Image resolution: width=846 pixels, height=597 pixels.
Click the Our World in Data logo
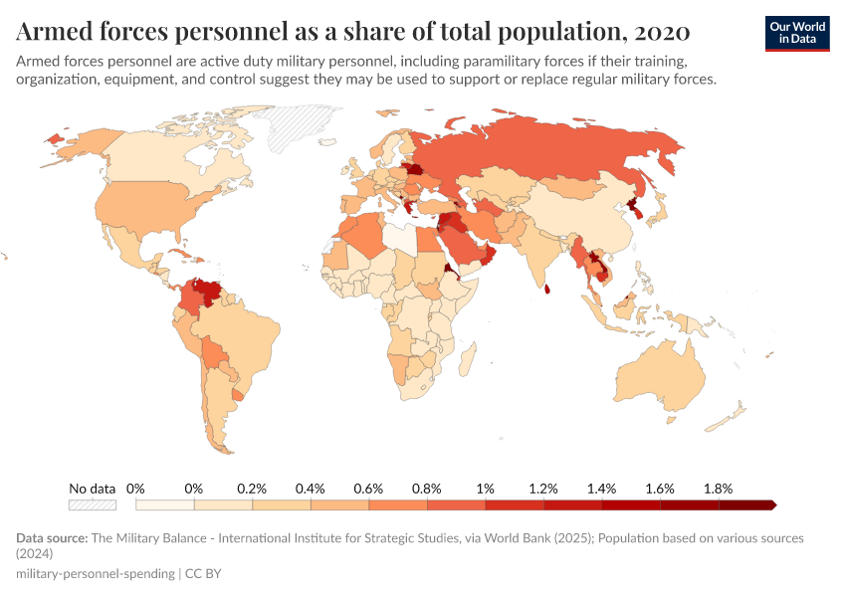[x=796, y=33]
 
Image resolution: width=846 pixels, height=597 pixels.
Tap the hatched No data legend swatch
[x=92, y=505]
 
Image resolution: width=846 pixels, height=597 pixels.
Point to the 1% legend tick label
[x=485, y=489]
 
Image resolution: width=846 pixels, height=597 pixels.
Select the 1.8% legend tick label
[x=718, y=489]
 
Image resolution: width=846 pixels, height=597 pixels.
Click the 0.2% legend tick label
[x=252, y=489]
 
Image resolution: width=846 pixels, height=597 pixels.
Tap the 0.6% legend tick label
[x=368, y=489]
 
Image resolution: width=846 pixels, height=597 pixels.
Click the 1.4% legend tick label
[x=601, y=489]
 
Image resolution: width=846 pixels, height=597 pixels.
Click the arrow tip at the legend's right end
[x=772, y=505]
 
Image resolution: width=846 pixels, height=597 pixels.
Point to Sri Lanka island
[x=544, y=290]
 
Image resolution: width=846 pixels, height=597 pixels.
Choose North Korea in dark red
[x=633, y=206]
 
